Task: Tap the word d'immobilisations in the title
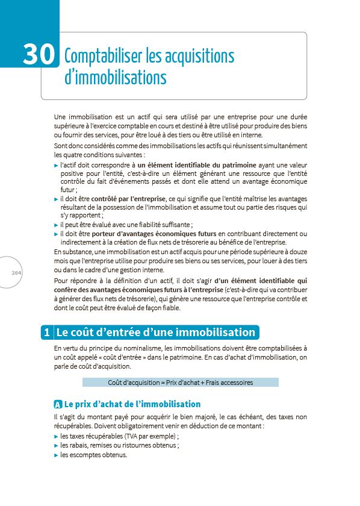pos(115,78)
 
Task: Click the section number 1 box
pos(46,333)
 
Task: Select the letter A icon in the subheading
pos(58,404)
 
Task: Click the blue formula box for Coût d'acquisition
pos(180,383)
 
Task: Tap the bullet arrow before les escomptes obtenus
pos(56,455)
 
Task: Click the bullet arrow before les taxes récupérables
pos(56,436)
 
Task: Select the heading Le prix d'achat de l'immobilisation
pos(132,404)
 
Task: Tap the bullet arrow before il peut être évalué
pos(56,225)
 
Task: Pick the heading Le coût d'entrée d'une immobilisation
pos(155,333)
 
